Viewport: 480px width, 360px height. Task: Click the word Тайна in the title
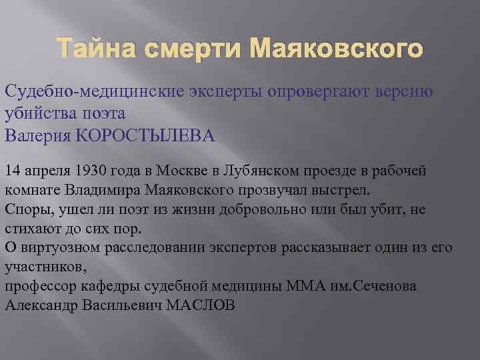(89, 49)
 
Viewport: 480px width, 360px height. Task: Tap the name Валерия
(38, 136)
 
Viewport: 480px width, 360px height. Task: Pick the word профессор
(39, 286)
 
